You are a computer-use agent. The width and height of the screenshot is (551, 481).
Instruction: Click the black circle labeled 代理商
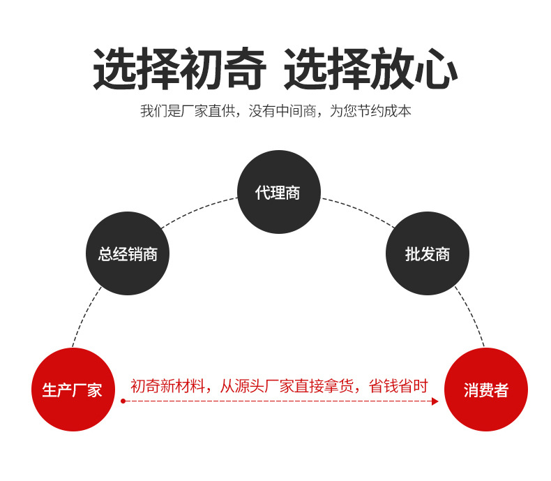click(278, 192)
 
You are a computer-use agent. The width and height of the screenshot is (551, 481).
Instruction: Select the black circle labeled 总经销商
click(128, 253)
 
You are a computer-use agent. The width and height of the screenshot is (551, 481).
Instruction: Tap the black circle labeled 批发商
click(427, 253)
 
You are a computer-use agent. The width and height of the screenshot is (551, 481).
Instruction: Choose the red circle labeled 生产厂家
click(73, 390)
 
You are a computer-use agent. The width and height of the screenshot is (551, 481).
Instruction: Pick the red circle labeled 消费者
click(485, 390)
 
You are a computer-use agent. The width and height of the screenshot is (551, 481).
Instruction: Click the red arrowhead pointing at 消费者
click(435, 401)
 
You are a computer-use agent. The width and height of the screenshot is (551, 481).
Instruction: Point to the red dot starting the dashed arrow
click(123, 401)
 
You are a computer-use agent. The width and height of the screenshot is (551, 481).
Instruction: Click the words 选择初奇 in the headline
click(179, 70)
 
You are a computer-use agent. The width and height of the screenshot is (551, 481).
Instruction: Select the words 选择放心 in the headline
click(370, 70)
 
